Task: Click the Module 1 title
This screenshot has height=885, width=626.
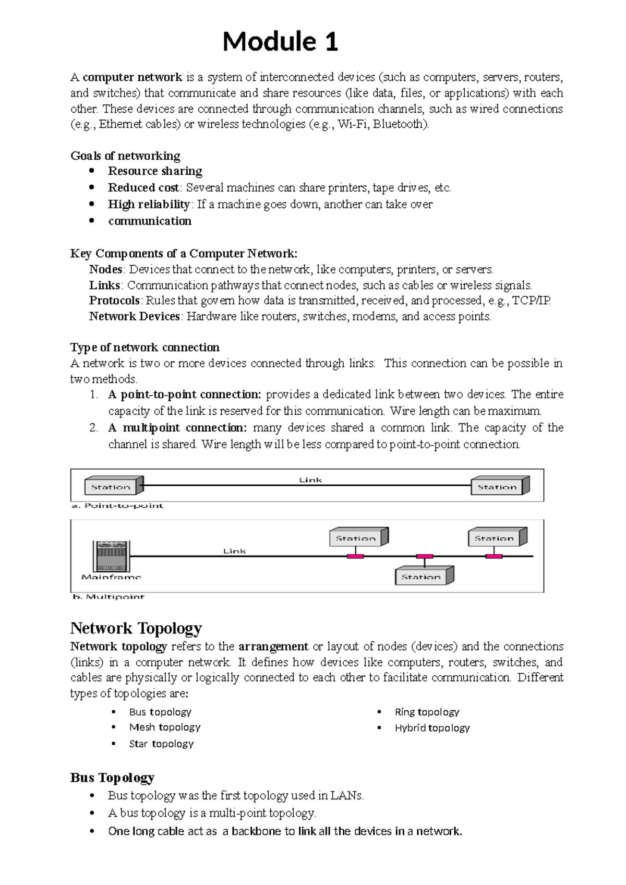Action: click(280, 42)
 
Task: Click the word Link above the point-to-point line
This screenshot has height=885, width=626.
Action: click(310, 480)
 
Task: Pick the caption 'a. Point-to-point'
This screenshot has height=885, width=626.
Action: click(117, 506)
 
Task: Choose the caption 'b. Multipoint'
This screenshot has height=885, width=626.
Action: click(108, 596)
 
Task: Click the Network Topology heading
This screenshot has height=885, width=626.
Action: click(136, 628)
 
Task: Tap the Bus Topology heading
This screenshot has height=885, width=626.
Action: click(112, 778)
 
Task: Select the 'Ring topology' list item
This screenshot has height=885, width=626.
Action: click(427, 712)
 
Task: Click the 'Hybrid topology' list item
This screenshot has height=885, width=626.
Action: click(432, 727)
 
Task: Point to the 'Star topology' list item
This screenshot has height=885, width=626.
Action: click(161, 744)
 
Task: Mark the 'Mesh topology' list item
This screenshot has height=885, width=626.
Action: click(164, 727)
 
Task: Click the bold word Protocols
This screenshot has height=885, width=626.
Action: click(114, 301)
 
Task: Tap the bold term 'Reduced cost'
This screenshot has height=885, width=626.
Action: click(143, 187)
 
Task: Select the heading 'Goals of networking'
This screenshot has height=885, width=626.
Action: click(125, 156)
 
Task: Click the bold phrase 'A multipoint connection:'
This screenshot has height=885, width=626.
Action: click(177, 428)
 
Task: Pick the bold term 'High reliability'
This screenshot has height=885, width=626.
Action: click(149, 204)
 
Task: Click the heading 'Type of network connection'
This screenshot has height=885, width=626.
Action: click(145, 348)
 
